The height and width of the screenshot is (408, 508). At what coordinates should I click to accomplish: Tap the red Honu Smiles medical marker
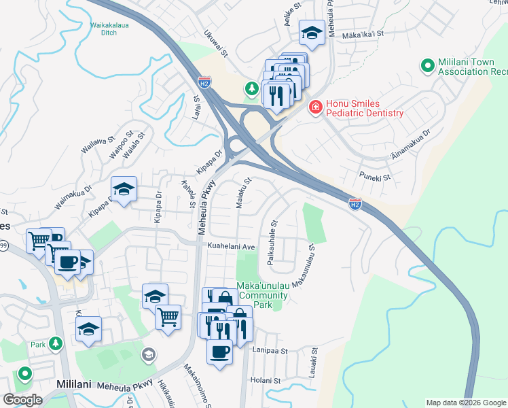315,107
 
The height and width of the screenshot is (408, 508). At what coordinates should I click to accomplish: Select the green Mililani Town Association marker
428,66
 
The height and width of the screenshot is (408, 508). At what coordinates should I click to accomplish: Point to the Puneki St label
376,177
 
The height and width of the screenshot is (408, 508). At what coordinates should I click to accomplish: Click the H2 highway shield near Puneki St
355,203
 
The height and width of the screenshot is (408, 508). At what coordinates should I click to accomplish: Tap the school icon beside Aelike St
312,34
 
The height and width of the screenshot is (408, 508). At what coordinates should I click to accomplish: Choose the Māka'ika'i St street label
363,33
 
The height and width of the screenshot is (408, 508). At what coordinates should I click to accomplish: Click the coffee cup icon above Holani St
219,352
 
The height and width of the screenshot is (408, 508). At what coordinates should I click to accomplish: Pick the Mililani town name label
74,384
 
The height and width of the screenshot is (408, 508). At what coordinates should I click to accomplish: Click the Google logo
23,400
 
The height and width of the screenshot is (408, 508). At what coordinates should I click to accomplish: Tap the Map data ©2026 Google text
465,402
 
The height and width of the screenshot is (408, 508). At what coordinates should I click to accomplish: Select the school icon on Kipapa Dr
124,191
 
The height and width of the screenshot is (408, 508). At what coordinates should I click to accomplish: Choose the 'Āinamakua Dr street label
410,146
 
